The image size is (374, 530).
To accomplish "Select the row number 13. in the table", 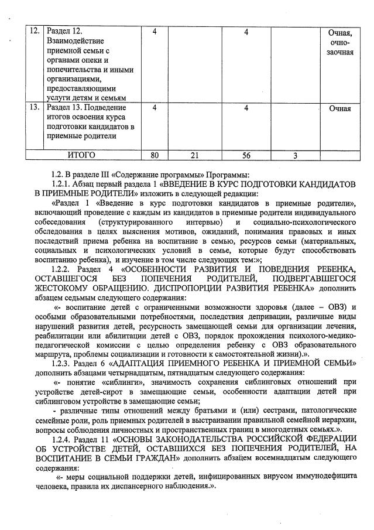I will click(x=35, y=108).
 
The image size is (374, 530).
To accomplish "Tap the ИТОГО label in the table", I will click(x=81, y=155).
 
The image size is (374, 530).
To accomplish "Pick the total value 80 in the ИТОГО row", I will click(x=155, y=155).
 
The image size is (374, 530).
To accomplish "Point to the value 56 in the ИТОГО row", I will click(x=246, y=155).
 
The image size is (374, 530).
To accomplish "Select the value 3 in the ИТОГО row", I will click(x=296, y=155).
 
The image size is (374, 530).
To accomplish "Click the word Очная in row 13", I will click(x=339, y=108).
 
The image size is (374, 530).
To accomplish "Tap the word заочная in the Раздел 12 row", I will click(x=339, y=52).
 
